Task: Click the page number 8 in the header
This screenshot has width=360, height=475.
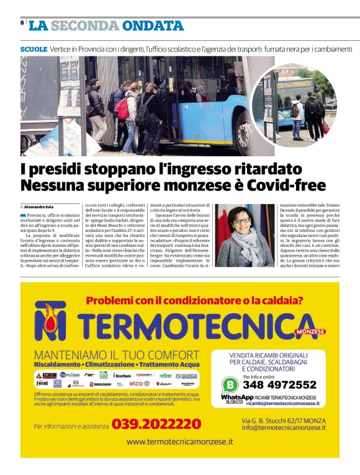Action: click(x=22, y=23)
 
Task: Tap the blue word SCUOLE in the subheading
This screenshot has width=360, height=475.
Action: click(x=34, y=48)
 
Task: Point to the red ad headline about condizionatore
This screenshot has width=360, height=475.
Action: click(x=194, y=301)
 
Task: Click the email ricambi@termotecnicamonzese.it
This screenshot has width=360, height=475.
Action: click(x=282, y=402)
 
